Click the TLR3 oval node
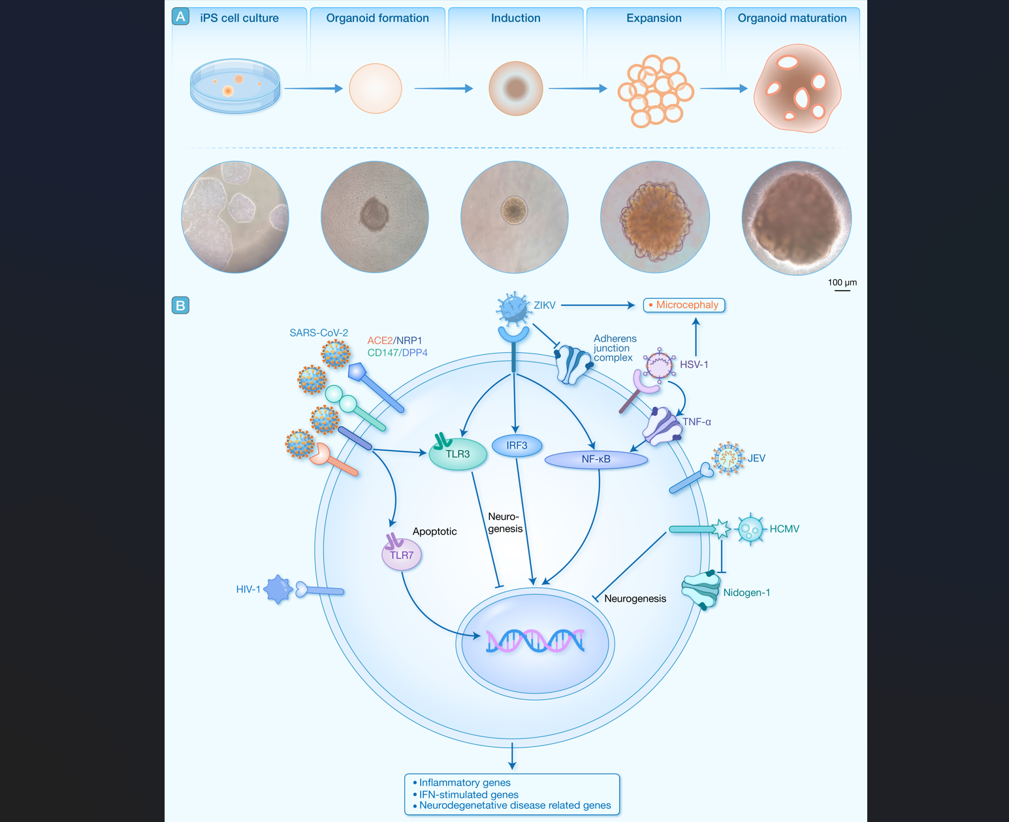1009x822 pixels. click(x=458, y=454)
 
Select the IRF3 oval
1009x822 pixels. click(x=517, y=446)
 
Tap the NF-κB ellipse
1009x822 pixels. click(x=596, y=459)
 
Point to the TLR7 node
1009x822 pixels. click(x=402, y=555)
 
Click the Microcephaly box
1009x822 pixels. click(x=684, y=305)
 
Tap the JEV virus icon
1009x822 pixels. click(x=728, y=458)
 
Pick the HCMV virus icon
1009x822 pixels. click(x=750, y=529)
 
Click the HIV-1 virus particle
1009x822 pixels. click(x=279, y=589)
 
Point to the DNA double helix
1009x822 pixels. click(x=535, y=641)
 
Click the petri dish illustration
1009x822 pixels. click(x=235, y=86)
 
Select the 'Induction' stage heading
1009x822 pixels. click(x=515, y=18)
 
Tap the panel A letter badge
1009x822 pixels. click(x=181, y=16)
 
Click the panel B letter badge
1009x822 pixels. click(x=180, y=305)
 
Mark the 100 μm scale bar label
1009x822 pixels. click(x=842, y=282)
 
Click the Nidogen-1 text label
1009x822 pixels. click(x=746, y=593)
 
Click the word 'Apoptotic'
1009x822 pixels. click(x=434, y=531)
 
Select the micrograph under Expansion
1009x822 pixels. click(x=654, y=217)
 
